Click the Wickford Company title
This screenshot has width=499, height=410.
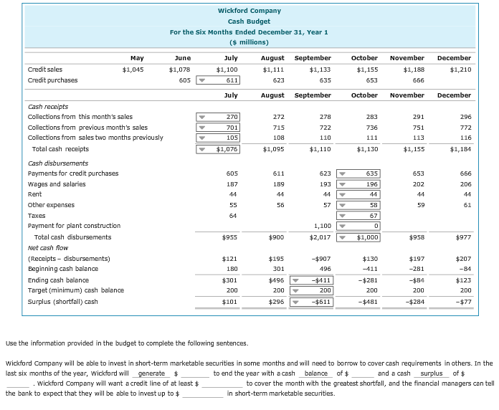coord(249,11)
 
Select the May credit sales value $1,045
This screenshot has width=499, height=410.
coord(133,70)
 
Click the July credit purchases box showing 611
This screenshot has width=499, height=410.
coord(228,80)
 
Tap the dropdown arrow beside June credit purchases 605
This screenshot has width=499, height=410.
coord(201,80)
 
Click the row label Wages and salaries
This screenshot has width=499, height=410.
coord(56,184)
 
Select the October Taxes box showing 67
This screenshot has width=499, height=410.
coord(369,216)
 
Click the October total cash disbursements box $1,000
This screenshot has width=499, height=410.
coord(369,237)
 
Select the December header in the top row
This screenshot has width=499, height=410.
coord(453,57)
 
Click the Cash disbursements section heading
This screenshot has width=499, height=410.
coord(57,163)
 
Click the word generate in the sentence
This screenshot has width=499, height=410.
coord(151,373)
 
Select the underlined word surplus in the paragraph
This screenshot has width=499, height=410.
coord(432,373)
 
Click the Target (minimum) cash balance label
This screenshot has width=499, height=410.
coord(75,290)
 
